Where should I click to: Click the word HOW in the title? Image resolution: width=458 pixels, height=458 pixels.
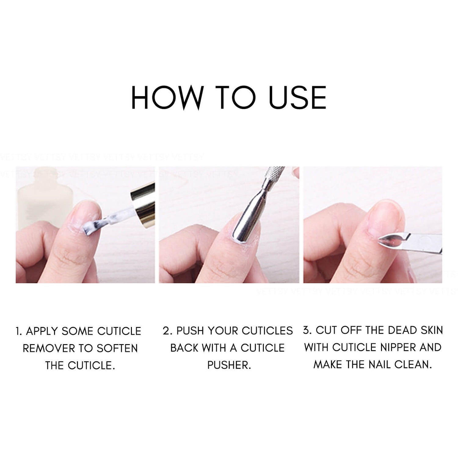(x=167, y=97)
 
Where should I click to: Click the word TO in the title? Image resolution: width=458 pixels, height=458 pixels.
(x=237, y=97)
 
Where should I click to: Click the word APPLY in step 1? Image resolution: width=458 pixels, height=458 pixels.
(x=42, y=331)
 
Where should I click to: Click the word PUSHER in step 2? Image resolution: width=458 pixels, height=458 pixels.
(x=229, y=365)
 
